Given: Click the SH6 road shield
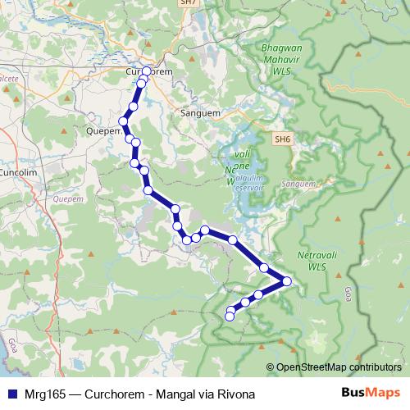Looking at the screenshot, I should [x=283, y=139].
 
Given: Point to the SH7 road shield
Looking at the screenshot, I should [x=189, y=3].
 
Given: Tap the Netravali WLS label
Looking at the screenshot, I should [x=312, y=261].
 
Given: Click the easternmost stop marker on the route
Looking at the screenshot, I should [x=286, y=281].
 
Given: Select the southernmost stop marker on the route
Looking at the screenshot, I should [x=230, y=316].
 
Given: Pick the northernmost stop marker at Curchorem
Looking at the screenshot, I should [x=146, y=71].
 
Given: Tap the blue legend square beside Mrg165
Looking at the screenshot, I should [x=12, y=394].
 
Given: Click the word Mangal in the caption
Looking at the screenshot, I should [x=175, y=394].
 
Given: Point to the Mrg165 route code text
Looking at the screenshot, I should [x=44, y=394].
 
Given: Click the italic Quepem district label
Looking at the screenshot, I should [x=64, y=198].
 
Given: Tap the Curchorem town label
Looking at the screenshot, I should [x=149, y=72].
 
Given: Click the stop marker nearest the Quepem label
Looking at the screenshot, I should [x=124, y=121].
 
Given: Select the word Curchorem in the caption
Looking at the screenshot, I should [x=114, y=394].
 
